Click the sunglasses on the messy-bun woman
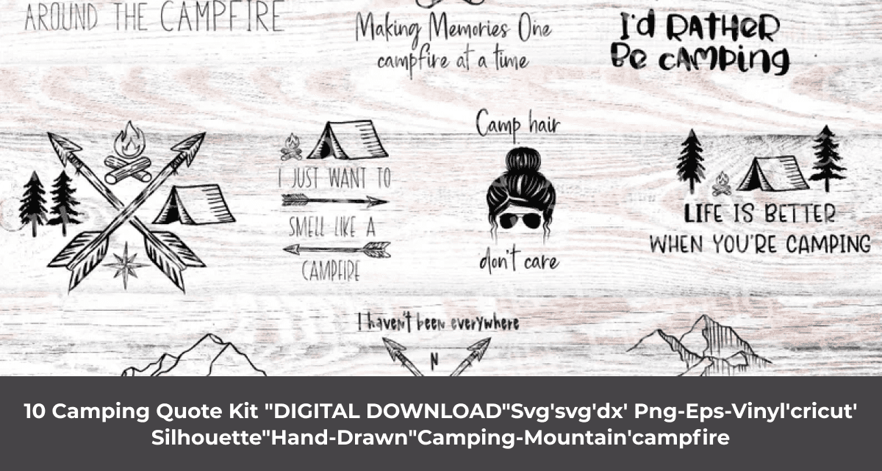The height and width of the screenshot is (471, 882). [520, 220]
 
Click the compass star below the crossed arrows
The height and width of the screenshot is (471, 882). [126, 263]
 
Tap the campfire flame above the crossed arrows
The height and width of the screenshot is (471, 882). [131, 140]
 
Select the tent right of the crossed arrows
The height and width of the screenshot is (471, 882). [193, 205]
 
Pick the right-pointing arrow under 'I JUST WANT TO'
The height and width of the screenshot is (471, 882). [334, 201]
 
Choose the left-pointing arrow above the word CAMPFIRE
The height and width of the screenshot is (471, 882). [337, 249]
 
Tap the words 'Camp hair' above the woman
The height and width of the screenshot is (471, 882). [517, 125]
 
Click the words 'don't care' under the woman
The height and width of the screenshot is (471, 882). [519, 260]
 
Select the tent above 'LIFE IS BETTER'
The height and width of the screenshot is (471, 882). [771, 174]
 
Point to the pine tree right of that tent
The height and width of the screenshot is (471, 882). [827, 158]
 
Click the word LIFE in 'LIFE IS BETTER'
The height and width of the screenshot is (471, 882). [705, 214]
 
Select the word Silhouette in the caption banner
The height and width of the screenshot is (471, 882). [207, 438]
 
